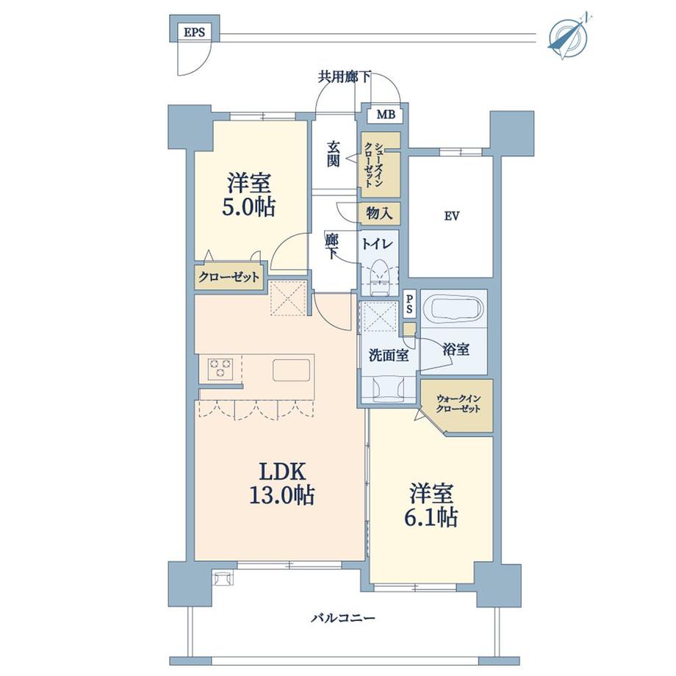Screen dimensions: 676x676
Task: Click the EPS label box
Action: (194, 32)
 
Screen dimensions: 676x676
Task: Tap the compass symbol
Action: (570, 35)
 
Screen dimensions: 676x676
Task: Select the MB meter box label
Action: (385, 115)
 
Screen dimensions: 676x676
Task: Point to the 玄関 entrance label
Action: (334, 154)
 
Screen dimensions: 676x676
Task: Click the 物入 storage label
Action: (379, 214)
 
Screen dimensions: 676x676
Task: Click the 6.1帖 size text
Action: (434, 517)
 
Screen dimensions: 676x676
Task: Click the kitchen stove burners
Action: (220, 368)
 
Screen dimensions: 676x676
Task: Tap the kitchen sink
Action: (292, 369)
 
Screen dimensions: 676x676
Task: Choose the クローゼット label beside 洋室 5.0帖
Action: (229, 278)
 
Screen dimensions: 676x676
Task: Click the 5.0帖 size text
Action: (250, 208)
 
